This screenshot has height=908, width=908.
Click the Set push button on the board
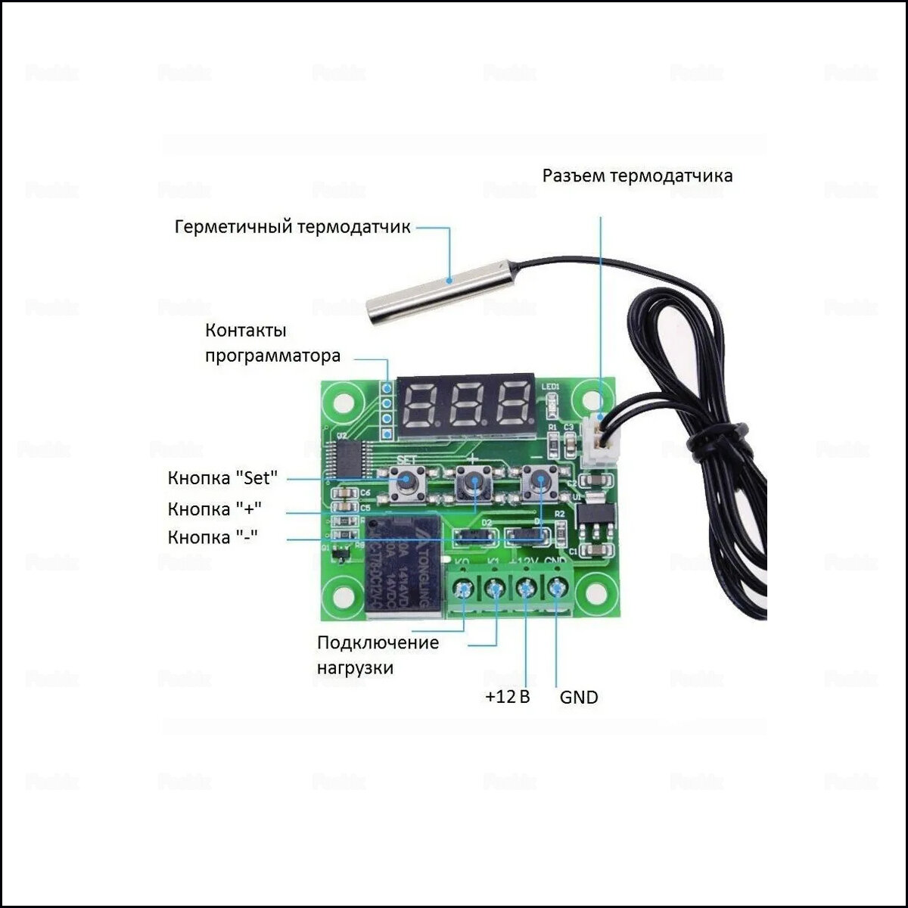click(x=407, y=481)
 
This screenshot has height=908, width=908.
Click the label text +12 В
click(x=507, y=696)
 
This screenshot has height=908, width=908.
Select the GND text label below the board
click(x=579, y=697)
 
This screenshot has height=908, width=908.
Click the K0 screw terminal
click(x=462, y=588)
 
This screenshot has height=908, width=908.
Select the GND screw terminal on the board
click(x=558, y=588)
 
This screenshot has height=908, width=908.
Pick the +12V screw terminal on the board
click(x=526, y=588)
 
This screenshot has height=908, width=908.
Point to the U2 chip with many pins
click(x=353, y=459)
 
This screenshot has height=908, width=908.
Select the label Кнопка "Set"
click(x=222, y=478)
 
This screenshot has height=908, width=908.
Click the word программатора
click(x=272, y=356)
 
